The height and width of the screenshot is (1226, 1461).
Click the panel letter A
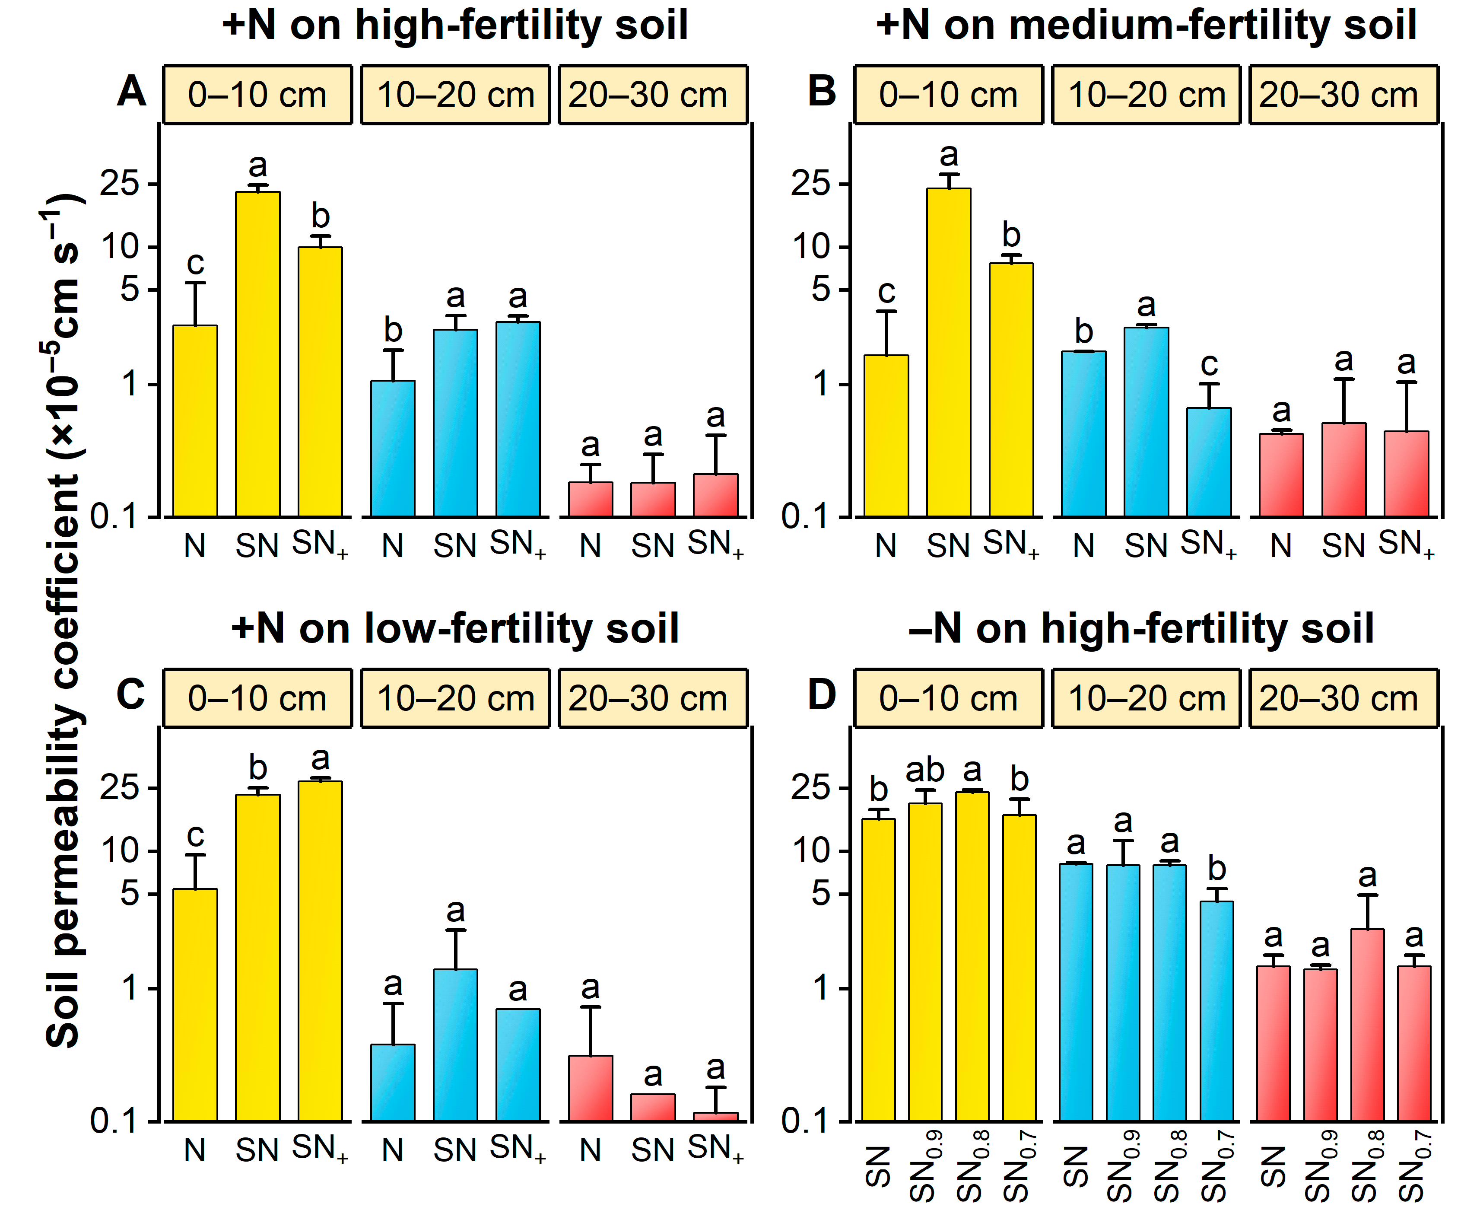[x=131, y=92]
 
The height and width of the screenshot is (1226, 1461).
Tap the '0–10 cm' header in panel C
[x=257, y=699]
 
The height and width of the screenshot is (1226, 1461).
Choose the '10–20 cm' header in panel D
[x=1146, y=699]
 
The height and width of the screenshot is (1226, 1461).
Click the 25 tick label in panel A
[x=120, y=184]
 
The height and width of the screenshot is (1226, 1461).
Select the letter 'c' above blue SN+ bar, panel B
[x=1209, y=365]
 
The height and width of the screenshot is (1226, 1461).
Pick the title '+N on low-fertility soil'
[x=455, y=629]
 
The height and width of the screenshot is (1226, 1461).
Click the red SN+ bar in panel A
[x=715, y=495]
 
